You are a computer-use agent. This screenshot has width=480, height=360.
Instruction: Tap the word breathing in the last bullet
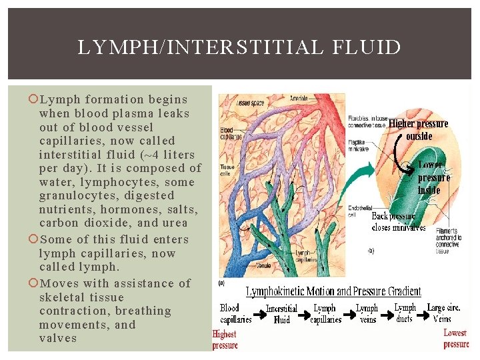point(143,311)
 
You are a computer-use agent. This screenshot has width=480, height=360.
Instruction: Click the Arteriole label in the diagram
point(299,99)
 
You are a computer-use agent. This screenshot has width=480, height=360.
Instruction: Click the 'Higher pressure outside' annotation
point(419,129)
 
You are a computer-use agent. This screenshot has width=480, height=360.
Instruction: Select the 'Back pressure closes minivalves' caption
point(399,221)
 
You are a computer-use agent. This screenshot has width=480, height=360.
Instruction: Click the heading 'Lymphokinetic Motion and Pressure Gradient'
point(333,291)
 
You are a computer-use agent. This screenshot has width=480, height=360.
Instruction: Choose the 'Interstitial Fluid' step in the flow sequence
point(281,314)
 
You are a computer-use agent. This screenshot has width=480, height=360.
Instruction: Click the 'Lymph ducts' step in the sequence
point(405,313)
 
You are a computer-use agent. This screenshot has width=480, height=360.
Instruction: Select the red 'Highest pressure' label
point(225,339)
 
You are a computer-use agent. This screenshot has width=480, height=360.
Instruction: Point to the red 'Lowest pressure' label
point(456,338)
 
